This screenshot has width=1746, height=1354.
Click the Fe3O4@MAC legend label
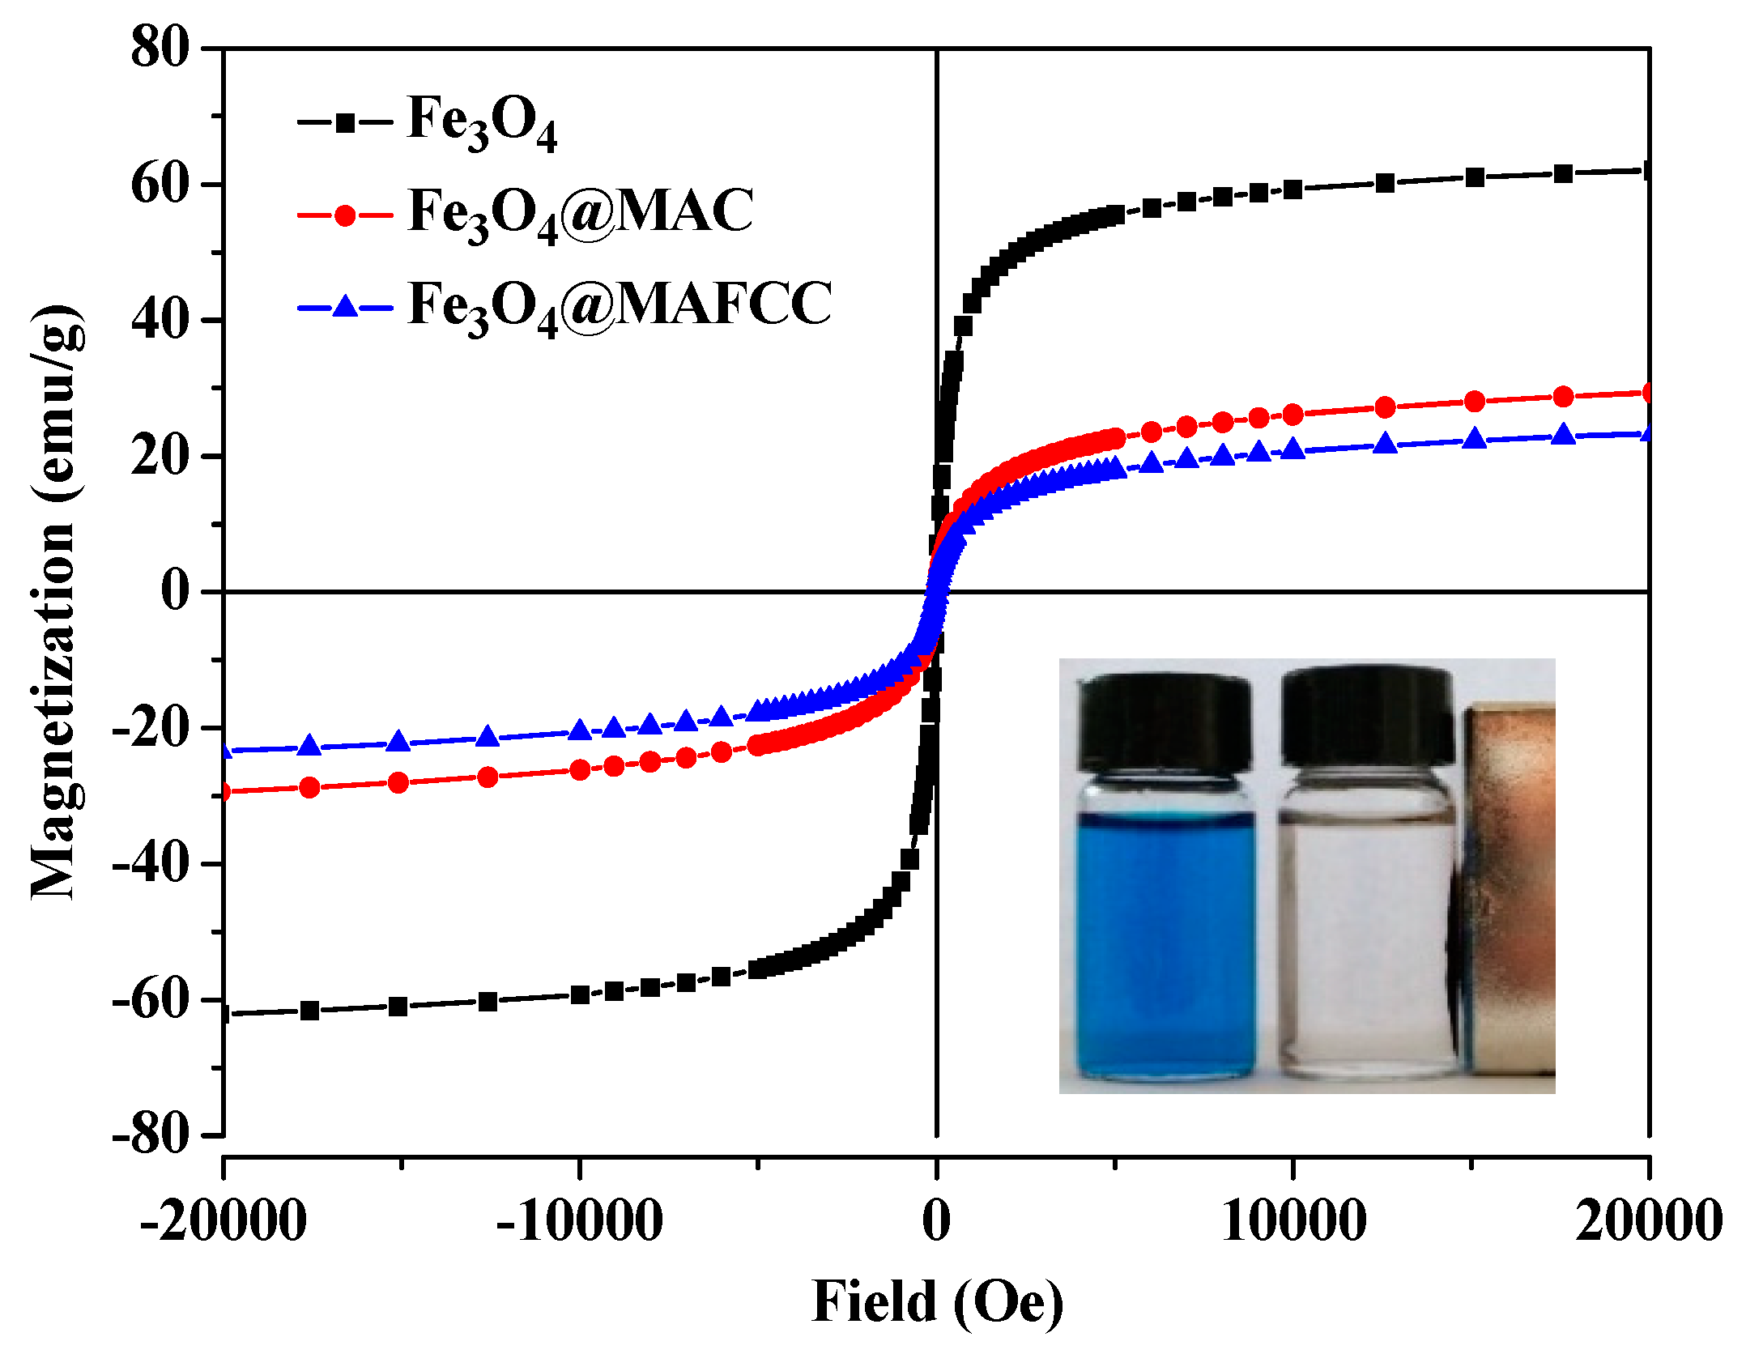(581, 212)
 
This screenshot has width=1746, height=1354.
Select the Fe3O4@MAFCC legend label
(620, 305)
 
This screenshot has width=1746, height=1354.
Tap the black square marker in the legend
(346, 123)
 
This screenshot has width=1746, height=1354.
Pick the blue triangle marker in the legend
(346, 307)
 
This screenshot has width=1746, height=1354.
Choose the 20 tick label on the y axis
(160, 456)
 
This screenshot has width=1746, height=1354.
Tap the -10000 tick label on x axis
(579, 1221)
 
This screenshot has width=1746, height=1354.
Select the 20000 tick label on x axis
(1647, 1221)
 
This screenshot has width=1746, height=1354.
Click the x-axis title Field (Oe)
(937, 1302)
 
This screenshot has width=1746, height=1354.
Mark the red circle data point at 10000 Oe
(1293, 415)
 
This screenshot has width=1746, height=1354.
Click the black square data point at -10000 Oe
(580, 994)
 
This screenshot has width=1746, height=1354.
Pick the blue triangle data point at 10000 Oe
(1293, 448)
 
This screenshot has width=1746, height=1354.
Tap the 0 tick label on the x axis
(936, 1221)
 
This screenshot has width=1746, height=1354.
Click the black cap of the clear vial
(1366, 717)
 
